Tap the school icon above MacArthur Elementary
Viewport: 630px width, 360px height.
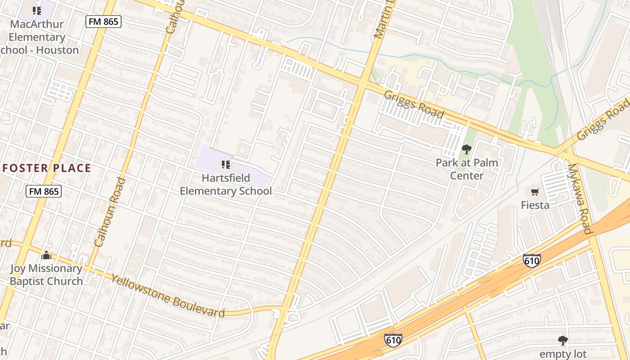point(37,10)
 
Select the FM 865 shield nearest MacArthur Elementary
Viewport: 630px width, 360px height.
point(103,21)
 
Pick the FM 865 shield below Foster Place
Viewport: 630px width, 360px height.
point(43,191)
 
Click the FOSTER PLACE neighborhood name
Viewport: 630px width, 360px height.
point(47,168)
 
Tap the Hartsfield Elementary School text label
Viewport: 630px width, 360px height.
point(226,184)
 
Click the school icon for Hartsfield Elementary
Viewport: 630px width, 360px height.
point(226,165)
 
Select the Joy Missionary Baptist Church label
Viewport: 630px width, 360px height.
point(46,275)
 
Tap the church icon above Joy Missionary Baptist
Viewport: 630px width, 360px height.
point(46,256)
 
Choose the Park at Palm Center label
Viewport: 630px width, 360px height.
point(467,169)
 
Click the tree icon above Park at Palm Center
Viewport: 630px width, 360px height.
point(467,149)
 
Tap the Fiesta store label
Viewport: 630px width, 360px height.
point(535,205)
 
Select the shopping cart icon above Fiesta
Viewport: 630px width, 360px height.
point(535,192)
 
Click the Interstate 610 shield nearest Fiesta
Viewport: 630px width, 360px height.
point(531,260)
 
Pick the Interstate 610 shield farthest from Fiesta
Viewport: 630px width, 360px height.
point(393,340)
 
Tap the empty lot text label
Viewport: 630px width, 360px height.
point(562,354)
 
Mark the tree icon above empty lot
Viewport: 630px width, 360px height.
point(562,340)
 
